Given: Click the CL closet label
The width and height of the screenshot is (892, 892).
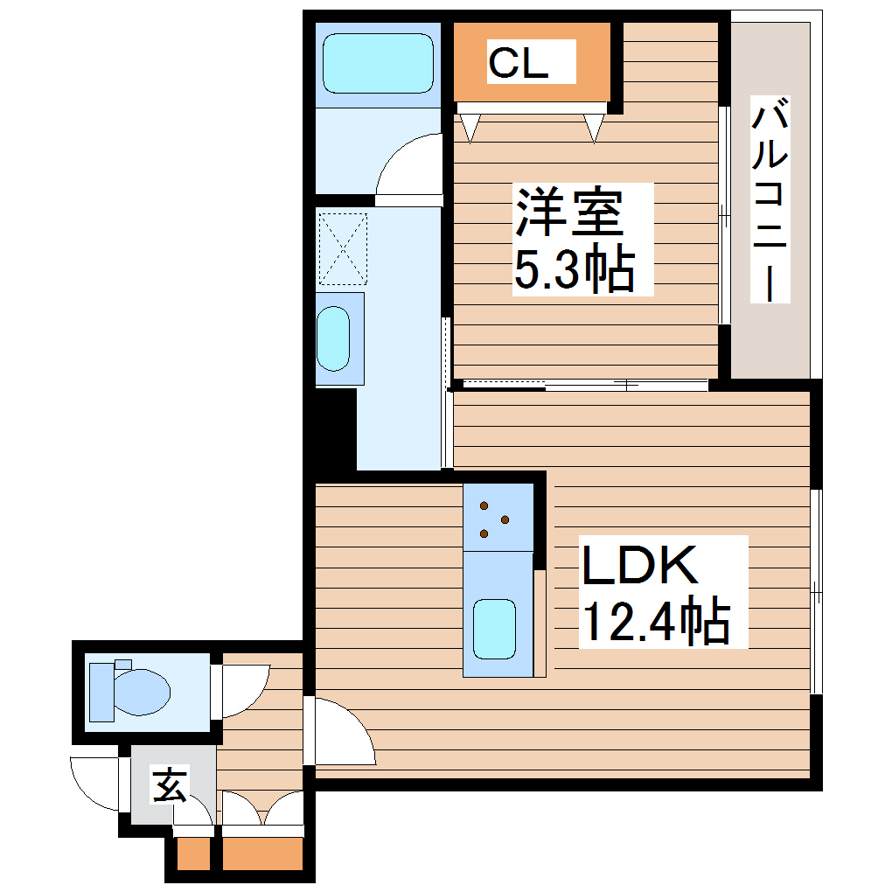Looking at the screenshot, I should point(518,63).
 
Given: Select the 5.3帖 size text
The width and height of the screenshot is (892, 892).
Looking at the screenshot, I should point(573,270).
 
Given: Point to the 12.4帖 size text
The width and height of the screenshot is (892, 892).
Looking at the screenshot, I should point(656,622).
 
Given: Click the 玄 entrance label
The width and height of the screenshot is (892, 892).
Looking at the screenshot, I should point(170,785).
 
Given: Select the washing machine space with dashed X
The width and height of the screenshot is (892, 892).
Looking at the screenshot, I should point(342,248).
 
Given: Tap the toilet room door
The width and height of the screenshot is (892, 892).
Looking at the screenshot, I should point(241,691).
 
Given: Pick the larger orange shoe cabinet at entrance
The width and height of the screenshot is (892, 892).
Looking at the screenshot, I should point(261,854).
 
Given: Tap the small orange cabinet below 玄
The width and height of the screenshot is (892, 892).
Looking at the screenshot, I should point(192,854).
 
